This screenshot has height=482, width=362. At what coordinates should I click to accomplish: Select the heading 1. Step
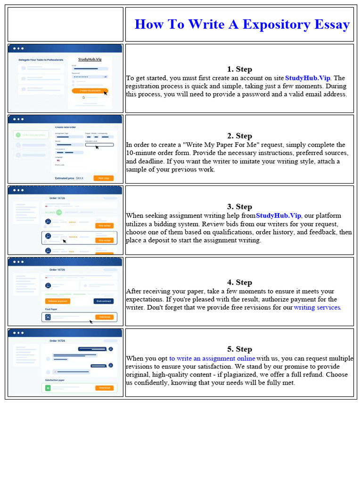tap(239, 69)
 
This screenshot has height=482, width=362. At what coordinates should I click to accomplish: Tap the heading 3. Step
tap(239, 207)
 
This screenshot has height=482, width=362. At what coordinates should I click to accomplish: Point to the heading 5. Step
tap(239, 349)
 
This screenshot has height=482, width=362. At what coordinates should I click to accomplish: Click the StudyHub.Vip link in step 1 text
tap(308, 78)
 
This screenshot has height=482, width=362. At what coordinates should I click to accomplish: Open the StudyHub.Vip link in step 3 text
tap(278, 216)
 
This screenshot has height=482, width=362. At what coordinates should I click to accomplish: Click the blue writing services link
tap(317, 307)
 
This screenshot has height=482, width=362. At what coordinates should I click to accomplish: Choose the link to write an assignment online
tap(212, 358)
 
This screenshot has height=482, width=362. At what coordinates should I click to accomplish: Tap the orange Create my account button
tap(90, 90)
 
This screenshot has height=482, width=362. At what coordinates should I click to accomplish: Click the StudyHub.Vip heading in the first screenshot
tap(89, 59)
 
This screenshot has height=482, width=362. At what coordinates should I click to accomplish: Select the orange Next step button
tap(103, 178)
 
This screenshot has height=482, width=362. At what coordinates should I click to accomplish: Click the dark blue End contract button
tap(104, 301)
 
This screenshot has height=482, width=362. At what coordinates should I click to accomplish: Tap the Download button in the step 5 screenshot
tap(104, 388)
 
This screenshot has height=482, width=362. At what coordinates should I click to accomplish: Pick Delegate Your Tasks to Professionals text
tap(41, 60)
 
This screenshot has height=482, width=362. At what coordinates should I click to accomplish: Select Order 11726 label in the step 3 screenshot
tap(57, 198)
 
